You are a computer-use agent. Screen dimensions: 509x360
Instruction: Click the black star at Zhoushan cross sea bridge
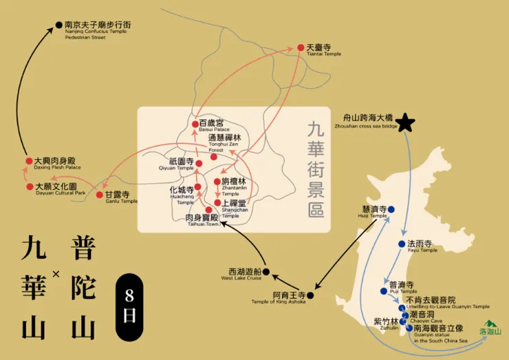406,123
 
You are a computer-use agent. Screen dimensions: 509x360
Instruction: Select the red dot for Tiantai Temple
301,47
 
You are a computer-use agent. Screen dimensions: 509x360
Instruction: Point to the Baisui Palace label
213,125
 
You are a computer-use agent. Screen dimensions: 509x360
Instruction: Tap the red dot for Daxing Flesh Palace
29,161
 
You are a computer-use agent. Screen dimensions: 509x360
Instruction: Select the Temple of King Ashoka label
281,298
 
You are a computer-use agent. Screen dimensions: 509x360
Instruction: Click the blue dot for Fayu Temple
401,244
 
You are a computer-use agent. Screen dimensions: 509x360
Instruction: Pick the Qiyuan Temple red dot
199,164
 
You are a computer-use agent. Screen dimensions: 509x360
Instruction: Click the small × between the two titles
56,274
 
